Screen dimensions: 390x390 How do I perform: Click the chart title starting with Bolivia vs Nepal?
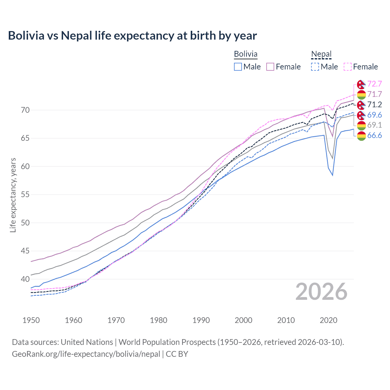point(132,36)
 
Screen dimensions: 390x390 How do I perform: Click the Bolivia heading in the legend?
point(246,54)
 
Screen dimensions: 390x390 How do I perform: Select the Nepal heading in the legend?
point(321,54)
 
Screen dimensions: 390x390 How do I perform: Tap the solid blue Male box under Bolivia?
point(238,67)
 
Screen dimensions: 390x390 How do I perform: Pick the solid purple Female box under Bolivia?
point(270,67)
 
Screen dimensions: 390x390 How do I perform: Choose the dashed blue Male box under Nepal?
point(315,67)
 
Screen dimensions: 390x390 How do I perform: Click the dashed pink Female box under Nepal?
point(348,67)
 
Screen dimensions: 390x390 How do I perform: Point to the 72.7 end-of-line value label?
point(374,84)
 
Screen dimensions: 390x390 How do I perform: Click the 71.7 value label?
point(374,94)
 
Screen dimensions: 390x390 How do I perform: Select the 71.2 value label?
point(374,105)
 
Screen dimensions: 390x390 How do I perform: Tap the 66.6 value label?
point(374,136)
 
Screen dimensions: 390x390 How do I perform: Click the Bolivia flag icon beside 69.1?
point(361,125)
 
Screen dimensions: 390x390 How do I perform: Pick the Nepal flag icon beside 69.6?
point(361,115)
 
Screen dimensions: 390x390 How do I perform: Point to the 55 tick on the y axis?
point(26,195)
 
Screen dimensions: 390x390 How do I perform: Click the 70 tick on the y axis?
point(26,110)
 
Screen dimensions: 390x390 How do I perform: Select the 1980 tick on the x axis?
point(158,320)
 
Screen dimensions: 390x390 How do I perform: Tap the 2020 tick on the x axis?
point(328,320)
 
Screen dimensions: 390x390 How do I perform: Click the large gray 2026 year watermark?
point(321,292)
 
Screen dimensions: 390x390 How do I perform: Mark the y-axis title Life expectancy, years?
point(13,195)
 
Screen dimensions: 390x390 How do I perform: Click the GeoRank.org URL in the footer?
point(86,354)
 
